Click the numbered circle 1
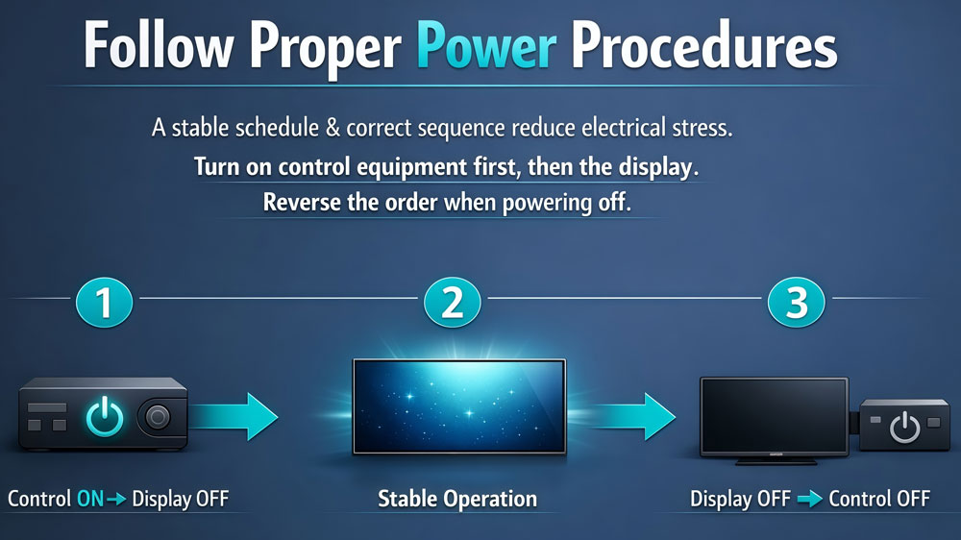[104, 303]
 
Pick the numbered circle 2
[452, 303]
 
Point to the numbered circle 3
[797, 303]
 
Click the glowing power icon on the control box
[105, 417]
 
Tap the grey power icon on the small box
[903, 425]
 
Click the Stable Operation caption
[457, 500]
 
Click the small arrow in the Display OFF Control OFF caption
[809, 500]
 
